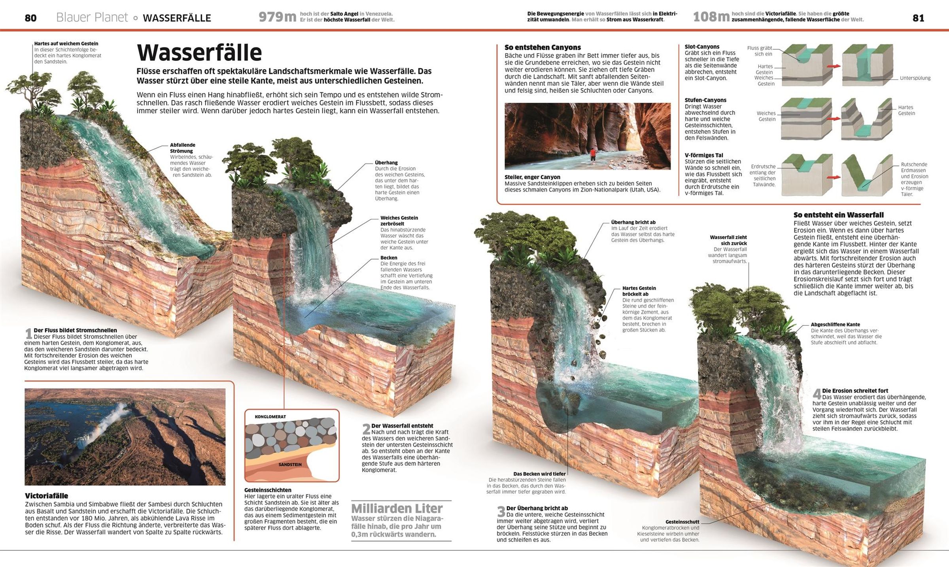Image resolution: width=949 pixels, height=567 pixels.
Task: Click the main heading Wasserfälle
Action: click(199, 53)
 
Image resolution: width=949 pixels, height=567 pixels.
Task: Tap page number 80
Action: click(30, 18)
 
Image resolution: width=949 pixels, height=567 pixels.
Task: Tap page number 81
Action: click(918, 18)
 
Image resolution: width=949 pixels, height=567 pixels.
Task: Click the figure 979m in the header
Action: click(277, 17)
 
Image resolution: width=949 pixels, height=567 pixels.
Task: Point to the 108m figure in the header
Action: click(711, 17)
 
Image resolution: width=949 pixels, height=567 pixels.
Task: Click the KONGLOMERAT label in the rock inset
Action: click(270, 417)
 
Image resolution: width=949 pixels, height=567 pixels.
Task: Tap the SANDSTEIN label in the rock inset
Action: click(290, 465)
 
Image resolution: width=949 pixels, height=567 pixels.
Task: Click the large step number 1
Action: click(28, 333)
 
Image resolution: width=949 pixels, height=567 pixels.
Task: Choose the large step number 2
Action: click(366, 429)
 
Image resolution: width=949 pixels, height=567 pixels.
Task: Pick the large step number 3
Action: click(501, 512)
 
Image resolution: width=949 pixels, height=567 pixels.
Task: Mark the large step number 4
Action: click(817, 394)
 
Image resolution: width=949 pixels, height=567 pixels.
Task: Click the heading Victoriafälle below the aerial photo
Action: click(46, 496)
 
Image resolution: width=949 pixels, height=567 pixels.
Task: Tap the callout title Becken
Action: click(389, 258)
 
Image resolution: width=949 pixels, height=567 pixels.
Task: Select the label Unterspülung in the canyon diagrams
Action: click(915, 78)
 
